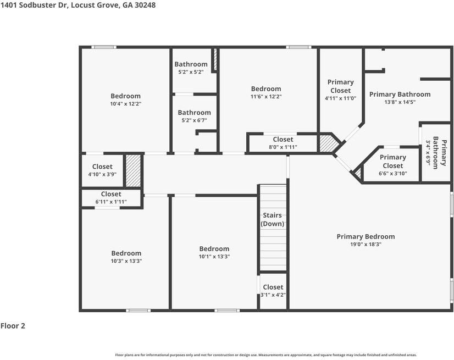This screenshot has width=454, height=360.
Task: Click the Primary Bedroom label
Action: coord(366,237)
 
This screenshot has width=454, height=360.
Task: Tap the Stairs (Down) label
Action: coord(273,219)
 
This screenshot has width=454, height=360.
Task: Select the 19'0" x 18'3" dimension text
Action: coord(366,244)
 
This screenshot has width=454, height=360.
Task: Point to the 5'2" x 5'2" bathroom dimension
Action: coord(191,72)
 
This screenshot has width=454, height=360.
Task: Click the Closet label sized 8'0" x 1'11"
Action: coord(283,139)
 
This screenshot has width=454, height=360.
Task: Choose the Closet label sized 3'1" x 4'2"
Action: coord(273,287)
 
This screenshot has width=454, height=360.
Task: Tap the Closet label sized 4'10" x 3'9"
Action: coord(102,167)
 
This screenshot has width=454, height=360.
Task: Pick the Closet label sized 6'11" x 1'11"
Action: coord(111,194)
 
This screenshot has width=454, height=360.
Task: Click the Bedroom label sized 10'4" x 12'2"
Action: coord(125,96)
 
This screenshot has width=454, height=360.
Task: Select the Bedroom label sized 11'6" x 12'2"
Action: coord(266,89)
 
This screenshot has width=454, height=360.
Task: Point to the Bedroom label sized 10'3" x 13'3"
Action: coord(126,253)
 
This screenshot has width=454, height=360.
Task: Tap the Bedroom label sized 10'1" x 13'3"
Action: coord(214,249)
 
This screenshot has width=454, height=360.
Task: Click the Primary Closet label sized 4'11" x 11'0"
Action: coord(341,86)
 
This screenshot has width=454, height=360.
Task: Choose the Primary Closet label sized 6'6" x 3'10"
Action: coord(392,162)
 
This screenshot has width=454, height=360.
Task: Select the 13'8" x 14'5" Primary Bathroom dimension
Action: coord(400,102)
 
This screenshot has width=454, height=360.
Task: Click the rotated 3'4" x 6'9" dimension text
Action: coord(428,153)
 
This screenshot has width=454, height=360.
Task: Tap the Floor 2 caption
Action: coord(13,326)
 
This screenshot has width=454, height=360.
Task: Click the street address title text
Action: coord(78,5)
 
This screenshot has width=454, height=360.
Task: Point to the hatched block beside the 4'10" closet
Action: coord(133,171)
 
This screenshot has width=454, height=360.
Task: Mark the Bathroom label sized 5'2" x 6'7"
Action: coord(194,113)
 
